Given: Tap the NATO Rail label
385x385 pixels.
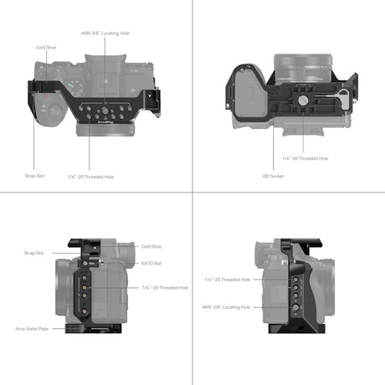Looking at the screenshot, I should (152, 263).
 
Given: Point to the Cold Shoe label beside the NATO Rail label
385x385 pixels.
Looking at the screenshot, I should (151, 246).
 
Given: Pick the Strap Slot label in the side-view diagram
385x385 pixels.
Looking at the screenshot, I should (33, 252).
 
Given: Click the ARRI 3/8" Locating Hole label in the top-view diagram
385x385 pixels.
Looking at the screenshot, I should (106, 33).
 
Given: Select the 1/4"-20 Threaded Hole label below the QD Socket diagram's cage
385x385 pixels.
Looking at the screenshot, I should (305, 158).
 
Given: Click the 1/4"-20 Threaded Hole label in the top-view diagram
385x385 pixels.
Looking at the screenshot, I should (92, 177).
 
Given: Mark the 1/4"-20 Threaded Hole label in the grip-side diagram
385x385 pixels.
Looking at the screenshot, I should (227, 280).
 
